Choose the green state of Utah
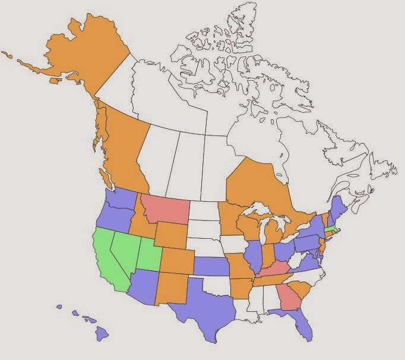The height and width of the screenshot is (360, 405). pos(148,252)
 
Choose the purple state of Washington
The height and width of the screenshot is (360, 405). pos(122,199)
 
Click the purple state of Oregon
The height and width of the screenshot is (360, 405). pos(113,217)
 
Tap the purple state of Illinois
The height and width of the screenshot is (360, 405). pos(254,255)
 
